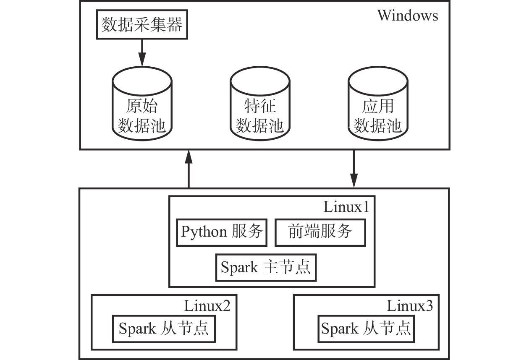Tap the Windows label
pyautogui.click(x=407, y=16)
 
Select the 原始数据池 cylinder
pyautogui.click(x=142, y=105)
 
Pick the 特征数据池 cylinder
pyautogui.click(x=259, y=105)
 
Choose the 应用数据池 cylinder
pyautogui.click(x=378, y=105)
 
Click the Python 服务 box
pyautogui.click(x=222, y=232)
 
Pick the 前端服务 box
pyautogui.click(x=320, y=232)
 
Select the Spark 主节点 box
pyautogui.click(x=265, y=267)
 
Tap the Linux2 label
pyautogui.click(x=207, y=305)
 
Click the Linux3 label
pyautogui.click(x=410, y=305)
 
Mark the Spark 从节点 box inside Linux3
pyautogui.click(x=366, y=328)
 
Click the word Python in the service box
pyautogui.click(x=203, y=232)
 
